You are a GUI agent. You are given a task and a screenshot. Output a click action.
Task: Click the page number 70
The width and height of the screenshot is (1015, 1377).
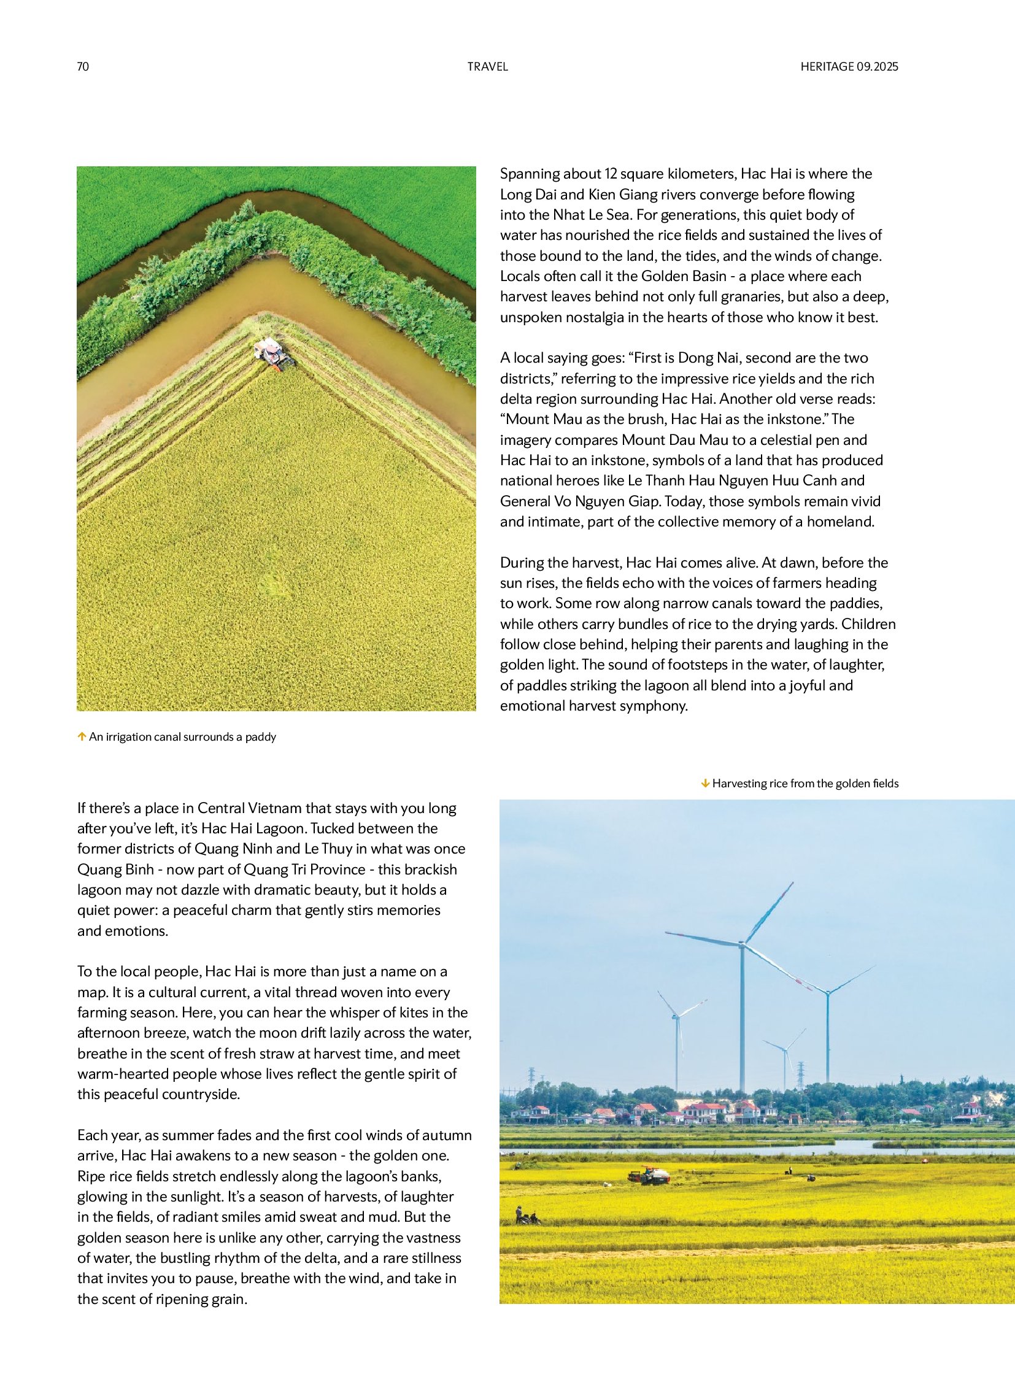click(x=83, y=67)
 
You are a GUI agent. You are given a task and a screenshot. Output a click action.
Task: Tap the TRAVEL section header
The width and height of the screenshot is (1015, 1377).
click(x=487, y=67)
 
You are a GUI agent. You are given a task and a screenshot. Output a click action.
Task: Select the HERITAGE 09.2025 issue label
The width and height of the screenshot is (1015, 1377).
click(x=849, y=67)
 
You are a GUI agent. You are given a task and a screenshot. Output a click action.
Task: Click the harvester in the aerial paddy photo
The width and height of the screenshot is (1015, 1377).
click(x=274, y=355)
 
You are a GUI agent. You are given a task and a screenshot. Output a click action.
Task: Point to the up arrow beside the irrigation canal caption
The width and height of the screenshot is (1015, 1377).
click(x=81, y=737)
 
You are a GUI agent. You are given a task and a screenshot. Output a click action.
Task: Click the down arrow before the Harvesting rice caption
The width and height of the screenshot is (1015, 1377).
click(x=705, y=784)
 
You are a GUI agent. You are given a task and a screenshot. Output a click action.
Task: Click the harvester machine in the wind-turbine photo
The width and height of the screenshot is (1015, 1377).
click(x=649, y=1176)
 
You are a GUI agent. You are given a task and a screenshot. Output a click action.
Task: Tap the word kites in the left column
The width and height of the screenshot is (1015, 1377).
click(x=403, y=1012)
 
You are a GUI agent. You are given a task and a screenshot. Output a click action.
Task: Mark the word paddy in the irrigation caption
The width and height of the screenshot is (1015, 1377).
click(x=261, y=737)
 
